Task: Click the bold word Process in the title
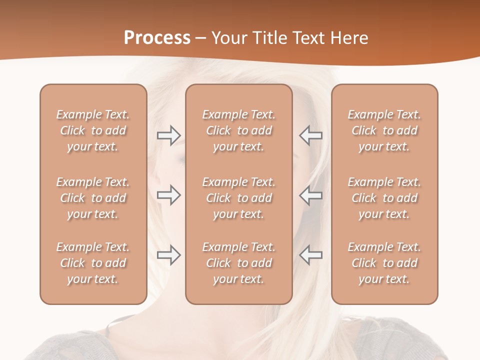(x=157, y=38)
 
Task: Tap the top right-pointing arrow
(x=169, y=135)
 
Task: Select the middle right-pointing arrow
(x=169, y=195)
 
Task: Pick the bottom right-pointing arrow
(x=169, y=255)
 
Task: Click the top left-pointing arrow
(x=311, y=135)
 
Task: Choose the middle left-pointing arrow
(x=311, y=195)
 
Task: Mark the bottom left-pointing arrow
(x=311, y=255)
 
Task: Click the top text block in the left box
(x=93, y=130)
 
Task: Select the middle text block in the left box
(x=93, y=198)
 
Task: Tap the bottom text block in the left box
(x=93, y=263)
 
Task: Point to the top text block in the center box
(x=239, y=130)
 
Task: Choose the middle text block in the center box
(x=239, y=198)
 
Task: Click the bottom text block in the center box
(x=239, y=263)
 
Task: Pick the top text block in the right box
(x=384, y=130)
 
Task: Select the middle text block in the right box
(x=384, y=198)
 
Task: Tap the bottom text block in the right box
(x=384, y=263)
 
